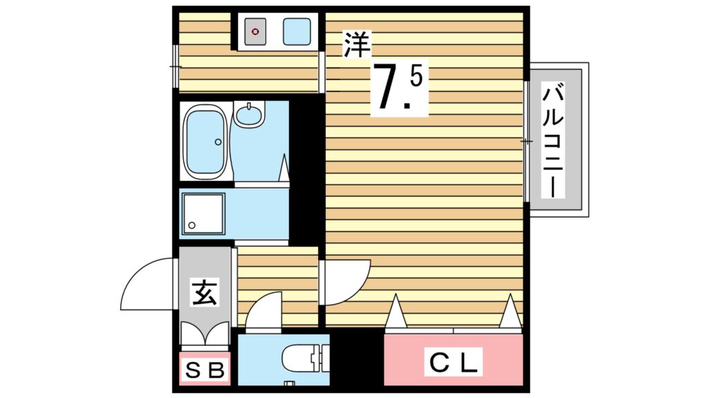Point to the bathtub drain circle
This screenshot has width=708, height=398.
(218, 142)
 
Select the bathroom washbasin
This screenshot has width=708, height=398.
(249, 114)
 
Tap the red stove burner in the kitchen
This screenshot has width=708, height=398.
(256, 31)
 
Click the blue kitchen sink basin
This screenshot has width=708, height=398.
(296, 31)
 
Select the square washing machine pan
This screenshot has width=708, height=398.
(203, 213)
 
